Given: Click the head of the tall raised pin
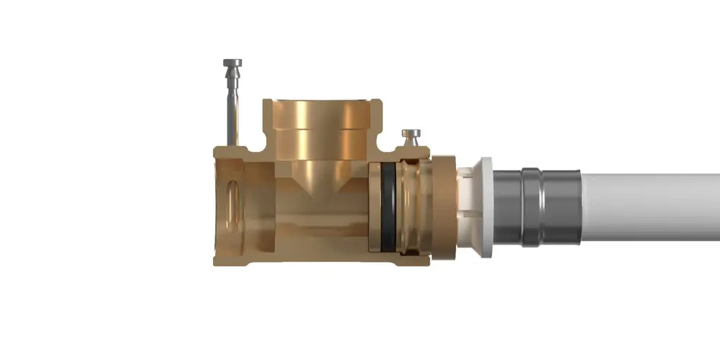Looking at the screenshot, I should point(233,64).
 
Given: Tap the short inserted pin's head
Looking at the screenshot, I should point(412,134).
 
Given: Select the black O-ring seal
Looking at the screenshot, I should point(388,207).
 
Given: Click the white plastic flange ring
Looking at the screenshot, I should point(487,207).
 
